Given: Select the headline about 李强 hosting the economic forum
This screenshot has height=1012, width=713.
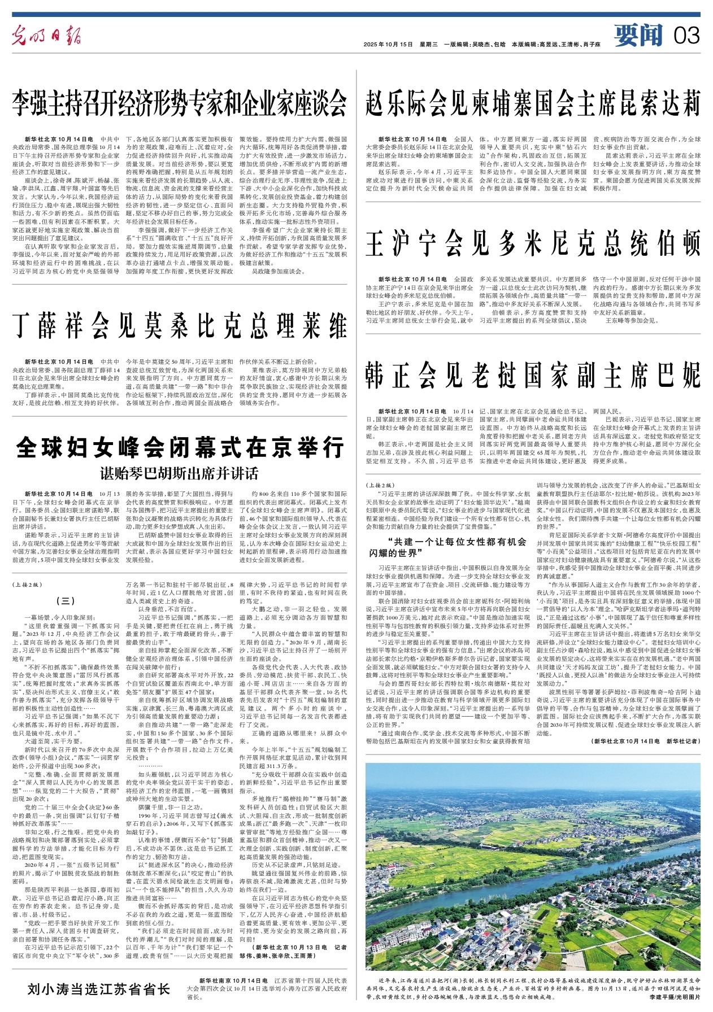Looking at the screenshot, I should pyautogui.click(x=180, y=103).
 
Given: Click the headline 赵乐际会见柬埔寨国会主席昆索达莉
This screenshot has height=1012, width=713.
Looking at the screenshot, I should pyautogui.click(x=533, y=103).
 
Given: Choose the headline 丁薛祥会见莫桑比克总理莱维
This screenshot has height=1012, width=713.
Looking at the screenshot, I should pyautogui.click(x=180, y=326).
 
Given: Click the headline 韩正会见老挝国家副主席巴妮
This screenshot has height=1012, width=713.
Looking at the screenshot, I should pyautogui.click(x=533, y=376).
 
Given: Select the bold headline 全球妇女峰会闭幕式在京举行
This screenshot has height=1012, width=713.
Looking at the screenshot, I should pyautogui.click(x=180, y=449).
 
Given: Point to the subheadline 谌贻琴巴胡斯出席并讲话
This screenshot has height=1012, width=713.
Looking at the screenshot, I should pyautogui.click(x=180, y=473).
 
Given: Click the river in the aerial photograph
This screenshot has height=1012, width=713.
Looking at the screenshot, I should pyautogui.click(x=508, y=864).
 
